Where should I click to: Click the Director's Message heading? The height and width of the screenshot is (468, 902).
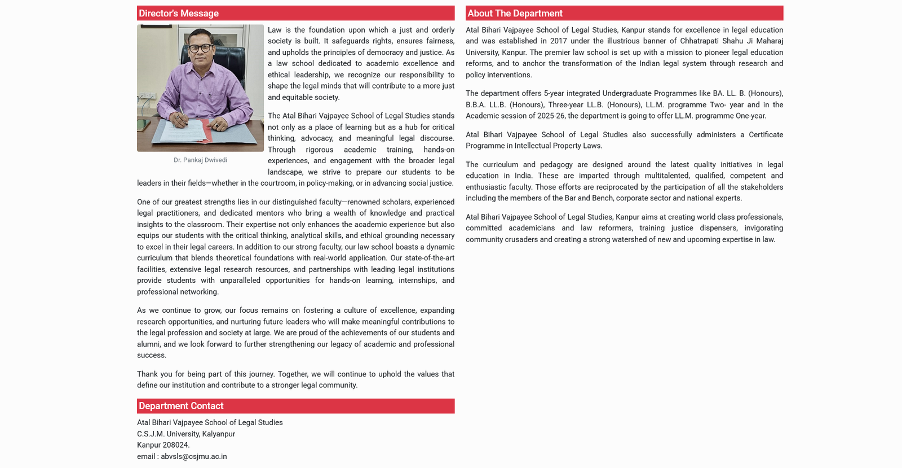(x=179, y=14)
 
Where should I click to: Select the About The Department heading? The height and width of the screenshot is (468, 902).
(x=515, y=14)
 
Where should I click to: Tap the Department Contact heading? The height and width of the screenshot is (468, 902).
(x=181, y=406)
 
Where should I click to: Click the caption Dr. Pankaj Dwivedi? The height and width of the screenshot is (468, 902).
(x=200, y=160)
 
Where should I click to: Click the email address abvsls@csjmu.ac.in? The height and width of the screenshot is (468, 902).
(x=194, y=456)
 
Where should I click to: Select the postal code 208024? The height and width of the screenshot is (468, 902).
(x=176, y=445)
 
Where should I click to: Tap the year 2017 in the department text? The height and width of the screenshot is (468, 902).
(x=558, y=41)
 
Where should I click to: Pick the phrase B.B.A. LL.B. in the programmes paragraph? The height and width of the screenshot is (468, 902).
(x=485, y=104)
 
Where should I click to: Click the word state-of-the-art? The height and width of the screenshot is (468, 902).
(x=428, y=258)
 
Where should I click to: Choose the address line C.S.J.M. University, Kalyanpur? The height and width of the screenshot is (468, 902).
(x=186, y=434)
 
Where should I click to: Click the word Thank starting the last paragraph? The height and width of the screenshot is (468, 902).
(x=147, y=374)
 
